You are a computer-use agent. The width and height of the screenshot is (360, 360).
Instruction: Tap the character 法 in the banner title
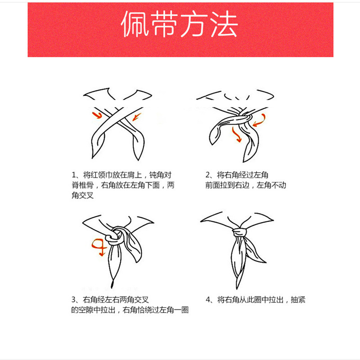(224, 24)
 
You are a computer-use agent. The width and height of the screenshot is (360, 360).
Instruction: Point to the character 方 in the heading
(194, 24)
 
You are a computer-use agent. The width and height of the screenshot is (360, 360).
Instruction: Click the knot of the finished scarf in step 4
(240, 232)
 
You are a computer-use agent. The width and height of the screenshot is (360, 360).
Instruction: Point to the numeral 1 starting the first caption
(74, 175)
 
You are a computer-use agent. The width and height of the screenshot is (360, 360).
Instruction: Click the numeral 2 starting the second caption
(207, 175)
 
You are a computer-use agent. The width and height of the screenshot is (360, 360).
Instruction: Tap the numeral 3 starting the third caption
(73, 300)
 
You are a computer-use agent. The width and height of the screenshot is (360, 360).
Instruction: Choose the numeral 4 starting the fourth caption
(208, 300)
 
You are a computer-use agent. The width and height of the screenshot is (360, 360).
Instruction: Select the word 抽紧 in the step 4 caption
(298, 300)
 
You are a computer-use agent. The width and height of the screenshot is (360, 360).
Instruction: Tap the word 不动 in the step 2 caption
(279, 185)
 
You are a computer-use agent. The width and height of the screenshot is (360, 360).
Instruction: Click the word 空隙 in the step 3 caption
(86, 310)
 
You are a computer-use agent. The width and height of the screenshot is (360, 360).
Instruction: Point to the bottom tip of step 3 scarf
(112, 288)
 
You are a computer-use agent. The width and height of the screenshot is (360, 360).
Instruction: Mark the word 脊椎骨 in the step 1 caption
(83, 185)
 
